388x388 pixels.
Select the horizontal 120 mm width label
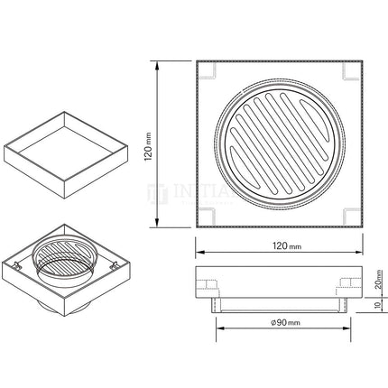(279, 245)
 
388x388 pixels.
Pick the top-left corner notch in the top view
(206, 70)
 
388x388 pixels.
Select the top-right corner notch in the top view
(353, 70)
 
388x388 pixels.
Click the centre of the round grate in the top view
(280, 143)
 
